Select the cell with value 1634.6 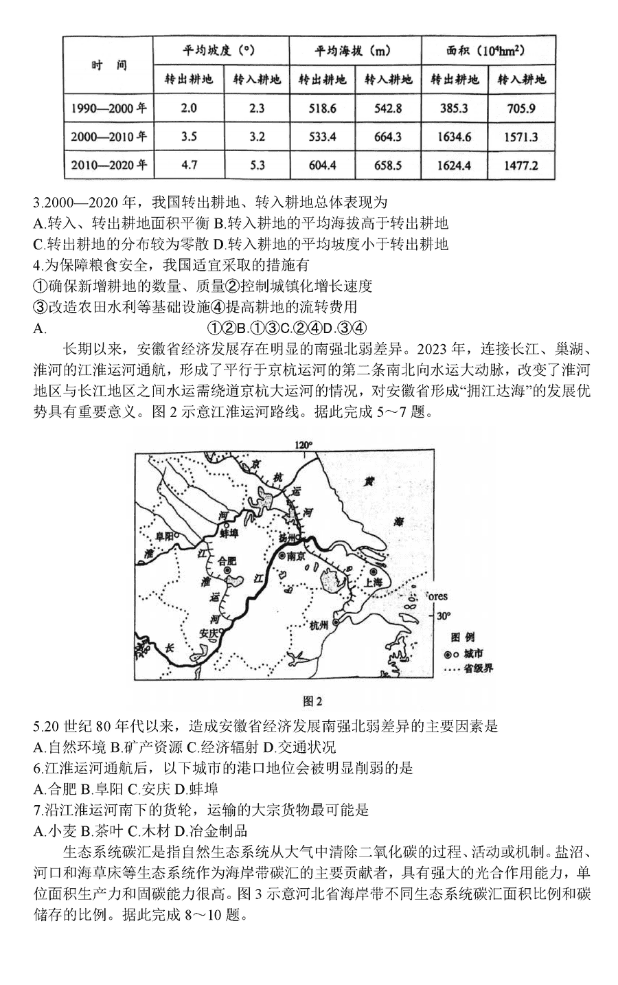coord(455,136)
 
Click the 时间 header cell coord(109,65)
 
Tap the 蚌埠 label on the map coord(229,532)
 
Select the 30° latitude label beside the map coord(443,615)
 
